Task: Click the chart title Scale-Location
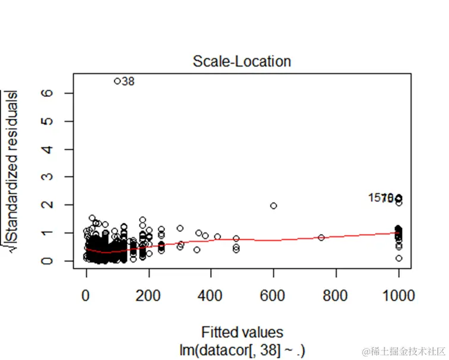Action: click(242, 61)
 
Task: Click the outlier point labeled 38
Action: click(117, 81)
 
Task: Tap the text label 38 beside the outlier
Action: click(128, 81)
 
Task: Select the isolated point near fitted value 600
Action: click(274, 206)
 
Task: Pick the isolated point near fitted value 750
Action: click(321, 238)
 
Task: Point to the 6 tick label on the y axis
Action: click(60, 93)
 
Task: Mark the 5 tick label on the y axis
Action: click(60, 121)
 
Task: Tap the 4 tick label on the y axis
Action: click(60, 149)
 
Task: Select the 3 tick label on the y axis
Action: click(60, 177)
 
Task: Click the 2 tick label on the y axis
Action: click(60, 205)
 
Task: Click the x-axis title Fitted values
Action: click(242, 332)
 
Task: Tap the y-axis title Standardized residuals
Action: click(10, 172)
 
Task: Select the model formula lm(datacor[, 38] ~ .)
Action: click(245, 349)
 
